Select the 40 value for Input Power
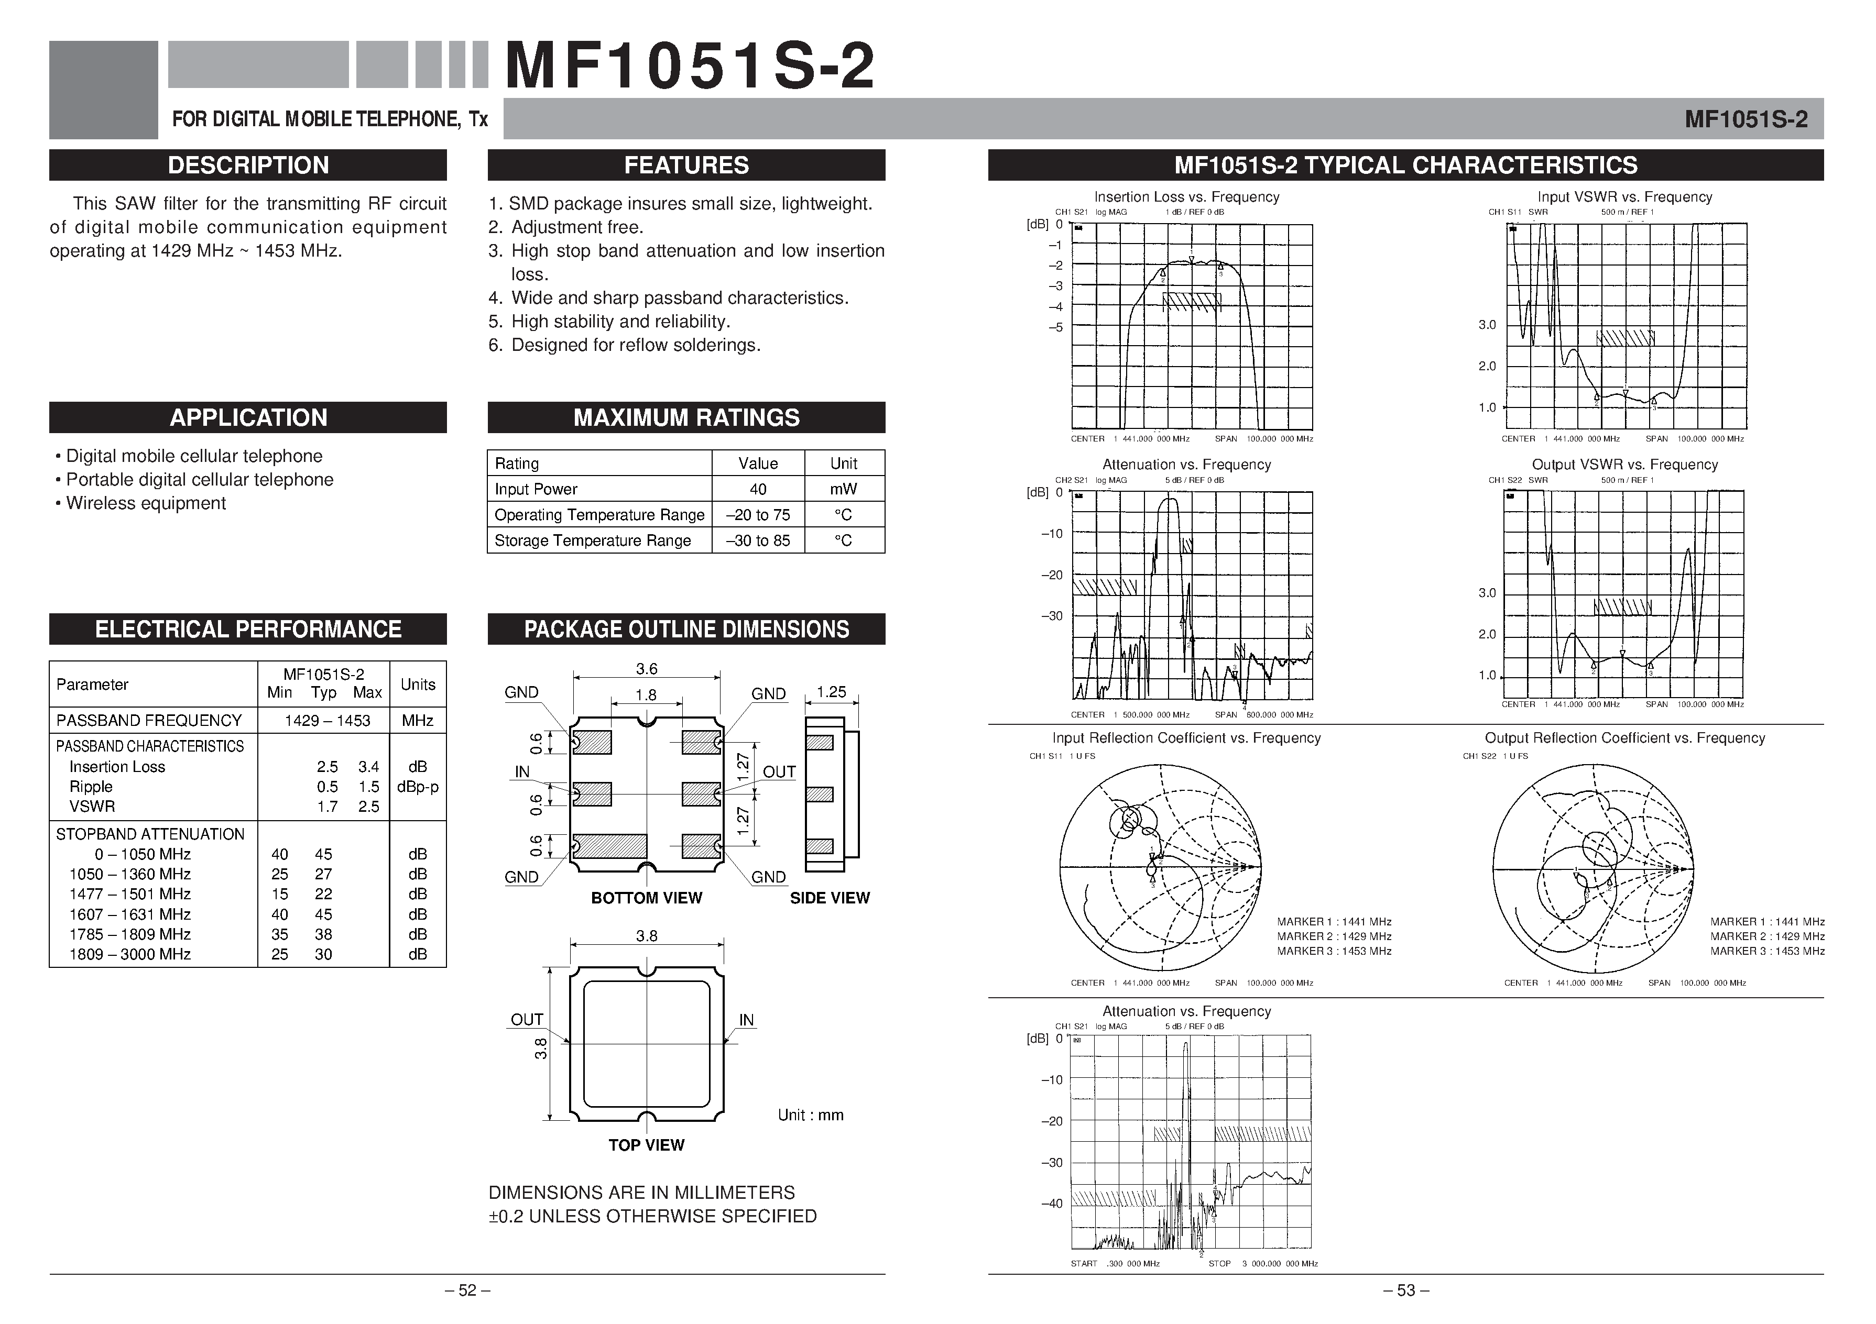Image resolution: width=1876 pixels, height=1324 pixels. [757, 489]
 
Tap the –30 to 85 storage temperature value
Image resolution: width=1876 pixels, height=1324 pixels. [757, 540]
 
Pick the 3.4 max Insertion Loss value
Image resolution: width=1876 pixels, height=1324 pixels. [368, 767]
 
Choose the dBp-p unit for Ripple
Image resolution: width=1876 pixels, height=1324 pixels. [418, 787]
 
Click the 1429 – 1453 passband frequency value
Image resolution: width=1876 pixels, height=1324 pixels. [327, 721]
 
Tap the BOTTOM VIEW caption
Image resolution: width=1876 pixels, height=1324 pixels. [646, 898]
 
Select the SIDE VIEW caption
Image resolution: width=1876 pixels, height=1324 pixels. [830, 898]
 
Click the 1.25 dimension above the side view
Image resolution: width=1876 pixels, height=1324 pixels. [831, 692]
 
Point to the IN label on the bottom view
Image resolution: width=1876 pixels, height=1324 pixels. [522, 772]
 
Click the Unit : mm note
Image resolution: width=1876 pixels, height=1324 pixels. [810, 1116]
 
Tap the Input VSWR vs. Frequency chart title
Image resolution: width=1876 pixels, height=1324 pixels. [1624, 197]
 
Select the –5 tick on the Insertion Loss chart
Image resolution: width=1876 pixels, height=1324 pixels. [1056, 327]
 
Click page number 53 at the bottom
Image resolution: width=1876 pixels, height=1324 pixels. [1405, 1290]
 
